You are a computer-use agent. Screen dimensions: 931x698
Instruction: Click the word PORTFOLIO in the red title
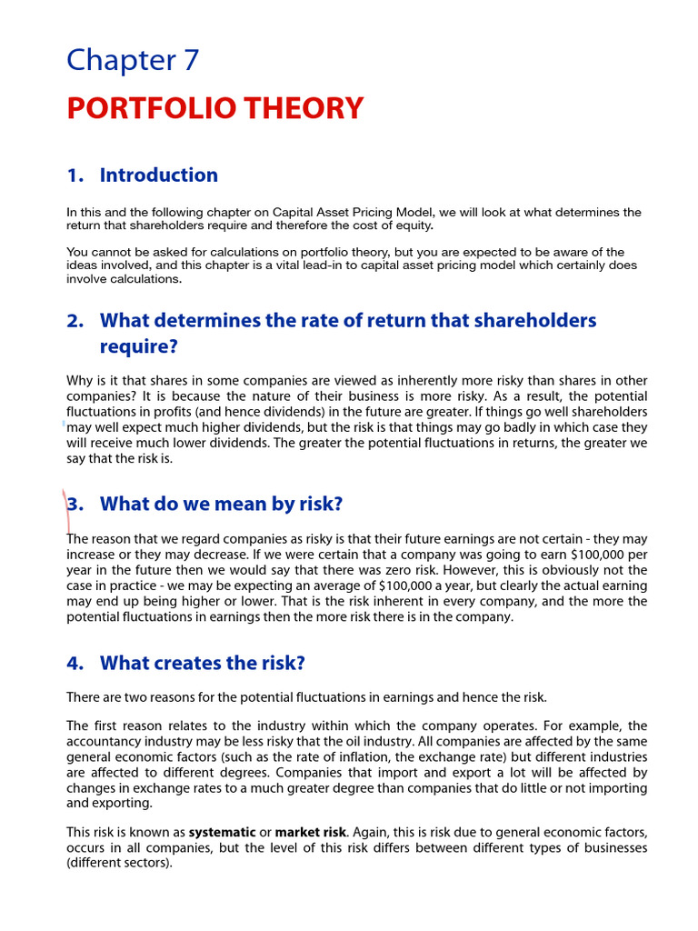144,108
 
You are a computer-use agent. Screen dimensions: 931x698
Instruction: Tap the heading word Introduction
159,175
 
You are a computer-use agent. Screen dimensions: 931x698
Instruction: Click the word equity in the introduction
414,225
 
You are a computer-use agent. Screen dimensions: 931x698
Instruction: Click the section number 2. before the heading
75,321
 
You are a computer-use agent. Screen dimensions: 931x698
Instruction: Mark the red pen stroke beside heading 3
66,509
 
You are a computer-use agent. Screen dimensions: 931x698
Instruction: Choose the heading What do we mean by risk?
221,504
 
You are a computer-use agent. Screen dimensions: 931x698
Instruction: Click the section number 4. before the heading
75,664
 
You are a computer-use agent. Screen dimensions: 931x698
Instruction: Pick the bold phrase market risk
310,832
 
